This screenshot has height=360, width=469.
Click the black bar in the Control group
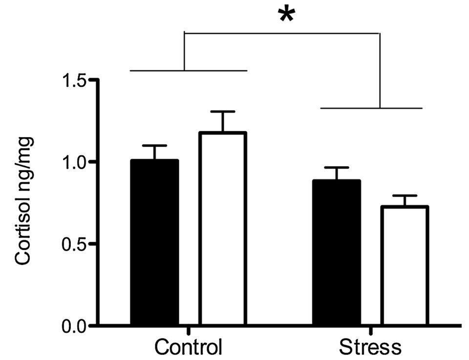click(x=154, y=242)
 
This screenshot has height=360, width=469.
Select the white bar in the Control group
click(x=223, y=228)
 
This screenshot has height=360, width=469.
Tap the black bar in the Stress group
click(x=337, y=252)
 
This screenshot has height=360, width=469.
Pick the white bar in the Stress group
click(x=405, y=265)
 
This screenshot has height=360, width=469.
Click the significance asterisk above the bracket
click(x=287, y=15)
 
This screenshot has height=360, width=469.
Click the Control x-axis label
click(x=188, y=347)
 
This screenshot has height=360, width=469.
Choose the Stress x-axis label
click(x=370, y=347)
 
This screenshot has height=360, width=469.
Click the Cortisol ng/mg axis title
click(x=23, y=201)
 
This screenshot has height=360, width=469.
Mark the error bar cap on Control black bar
click(x=154, y=146)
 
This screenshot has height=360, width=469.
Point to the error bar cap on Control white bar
click(x=223, y=111)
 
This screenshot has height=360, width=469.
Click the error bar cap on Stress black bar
click(x=337, y=168)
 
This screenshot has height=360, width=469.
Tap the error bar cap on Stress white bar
click(x=405, y=195)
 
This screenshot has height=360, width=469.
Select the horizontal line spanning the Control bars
click(x=189, y=70)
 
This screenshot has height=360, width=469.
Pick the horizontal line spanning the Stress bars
click(x=371, y=108)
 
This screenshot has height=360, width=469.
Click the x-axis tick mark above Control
click(x=188, y=330)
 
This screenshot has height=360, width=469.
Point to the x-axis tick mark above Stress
click(x=371, y=330)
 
